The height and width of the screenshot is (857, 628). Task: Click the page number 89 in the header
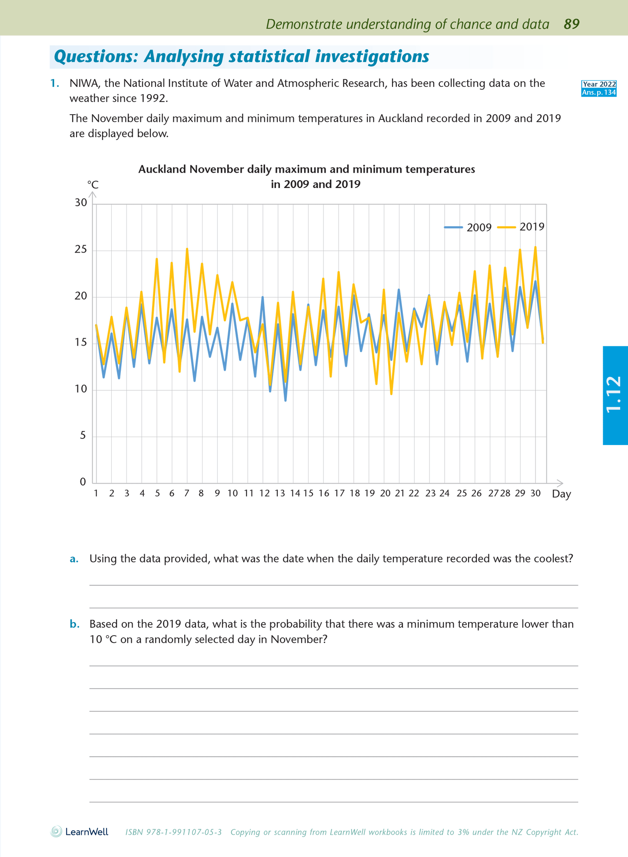(x=572, y=24)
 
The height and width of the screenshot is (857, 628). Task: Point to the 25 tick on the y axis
(x=81, y=250)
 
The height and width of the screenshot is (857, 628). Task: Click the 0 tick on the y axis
(x=83, y=482)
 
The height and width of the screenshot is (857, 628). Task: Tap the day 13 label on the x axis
(x=279, y=493)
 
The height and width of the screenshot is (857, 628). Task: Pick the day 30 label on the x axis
(x=535, y=493)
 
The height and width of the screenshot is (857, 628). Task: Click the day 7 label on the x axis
(x=187, y=493)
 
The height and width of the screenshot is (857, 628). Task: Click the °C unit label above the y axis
(x=93, y=185)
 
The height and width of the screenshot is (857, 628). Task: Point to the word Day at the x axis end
(x=562, y=494)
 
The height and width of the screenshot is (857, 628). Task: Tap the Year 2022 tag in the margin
(x=599, y=84)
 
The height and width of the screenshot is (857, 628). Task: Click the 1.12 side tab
(x=615, y=395)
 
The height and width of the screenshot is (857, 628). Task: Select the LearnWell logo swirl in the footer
(x=56, y=832)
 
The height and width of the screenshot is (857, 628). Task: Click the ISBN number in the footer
(x=173, y=832)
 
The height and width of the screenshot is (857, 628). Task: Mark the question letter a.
(x=74, y=559)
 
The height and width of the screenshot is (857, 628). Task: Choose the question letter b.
(x=74, y=624)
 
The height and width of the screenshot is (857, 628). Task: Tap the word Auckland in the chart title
(x=162, y=169)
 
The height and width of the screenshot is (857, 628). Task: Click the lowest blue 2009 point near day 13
(x=285, y=400)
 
